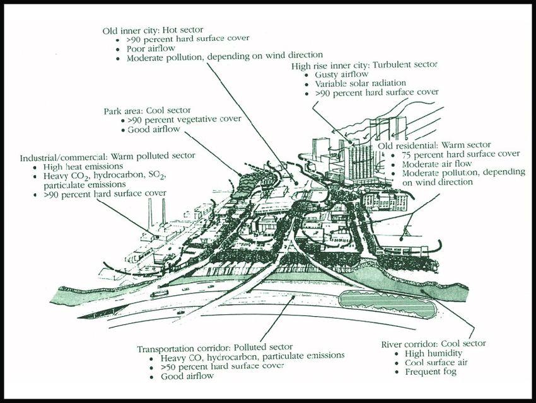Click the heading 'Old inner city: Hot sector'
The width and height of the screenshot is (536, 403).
click(x=158, y=30)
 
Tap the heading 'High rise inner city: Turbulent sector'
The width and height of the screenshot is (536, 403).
click(x=364, y=65)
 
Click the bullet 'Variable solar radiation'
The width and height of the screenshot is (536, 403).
click(x=360, y=83)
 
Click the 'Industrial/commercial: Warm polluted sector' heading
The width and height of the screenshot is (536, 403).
click(x=107, y=156)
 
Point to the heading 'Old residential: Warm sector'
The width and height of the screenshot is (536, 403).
click(x=434, y=145)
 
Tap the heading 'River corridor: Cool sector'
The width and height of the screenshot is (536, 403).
click(x=434, y=344)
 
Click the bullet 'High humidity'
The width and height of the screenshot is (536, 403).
click(x=428, y=353)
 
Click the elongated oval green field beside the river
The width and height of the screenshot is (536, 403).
click(x=387, y=304)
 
